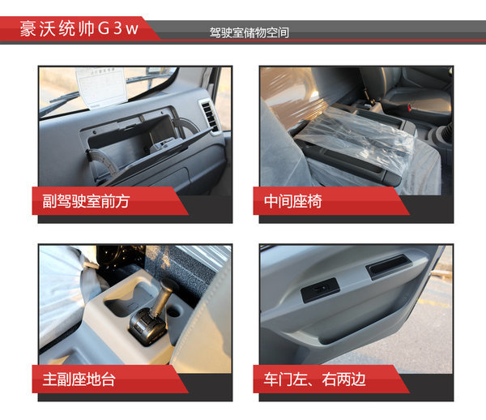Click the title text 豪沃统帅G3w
coord(79,28)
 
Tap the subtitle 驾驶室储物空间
coord(249,32)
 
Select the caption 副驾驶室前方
coord(86,201)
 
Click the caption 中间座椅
coord(293,201)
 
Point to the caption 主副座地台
coord(79,379)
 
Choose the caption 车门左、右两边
coord(314,379)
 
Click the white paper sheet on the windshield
coord(101,88)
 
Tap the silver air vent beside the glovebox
coord(210,117)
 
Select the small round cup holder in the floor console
coord(176,311)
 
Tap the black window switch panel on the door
coord(320,289)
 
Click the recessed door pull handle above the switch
coord(389,265)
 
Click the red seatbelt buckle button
coord(409,108)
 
